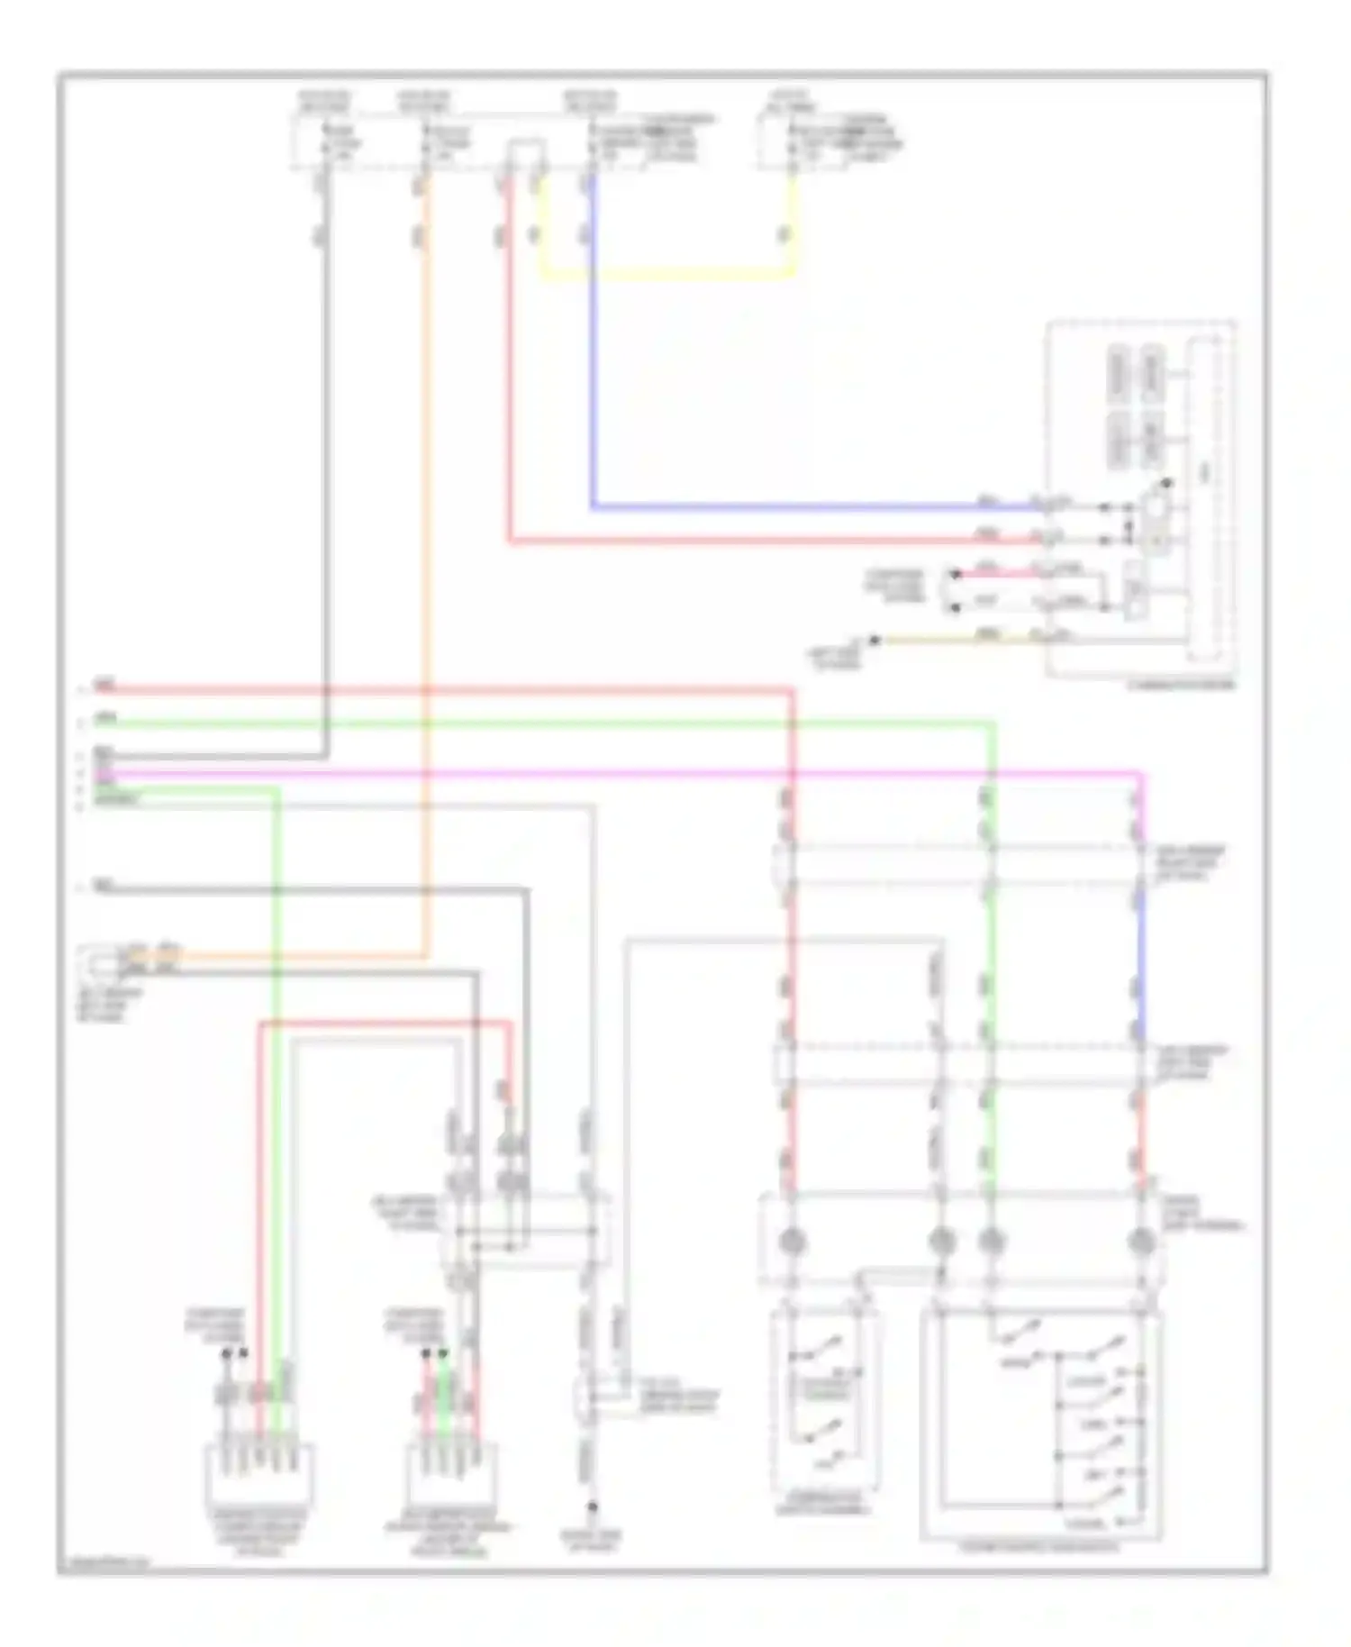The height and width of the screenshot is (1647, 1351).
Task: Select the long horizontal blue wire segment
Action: (x=811, y=507)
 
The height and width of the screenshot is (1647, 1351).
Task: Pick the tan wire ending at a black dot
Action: (x=955, y=640)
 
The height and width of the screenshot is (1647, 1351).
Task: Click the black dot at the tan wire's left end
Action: (x=873, y=641)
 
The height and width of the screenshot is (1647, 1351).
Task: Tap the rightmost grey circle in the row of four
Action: (x=1141, y=1242)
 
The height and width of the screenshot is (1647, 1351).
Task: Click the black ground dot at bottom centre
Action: (x=592, y=1506)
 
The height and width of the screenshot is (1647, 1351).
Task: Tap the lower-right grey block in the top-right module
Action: (x=1152, y=440)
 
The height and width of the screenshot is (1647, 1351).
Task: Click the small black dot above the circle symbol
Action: (x=1167, y=484)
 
